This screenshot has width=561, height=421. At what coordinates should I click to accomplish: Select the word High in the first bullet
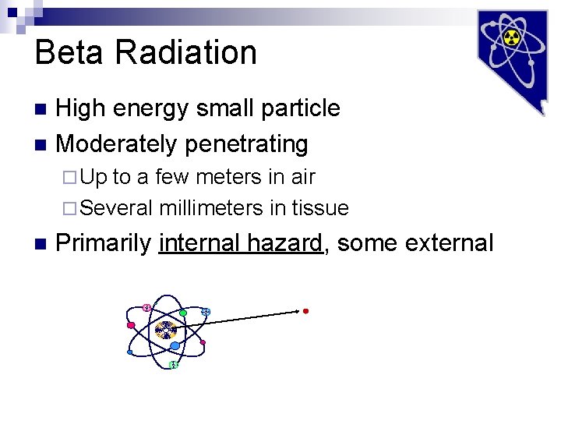(81, 108)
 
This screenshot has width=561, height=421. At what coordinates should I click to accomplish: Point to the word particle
(300, 108)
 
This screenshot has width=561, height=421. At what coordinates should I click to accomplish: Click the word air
(302, 177)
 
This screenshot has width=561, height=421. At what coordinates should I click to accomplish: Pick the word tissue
(320, 208)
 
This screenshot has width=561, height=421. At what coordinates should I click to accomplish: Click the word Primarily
(104, 243)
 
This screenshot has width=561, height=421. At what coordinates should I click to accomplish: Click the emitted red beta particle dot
(305, 311)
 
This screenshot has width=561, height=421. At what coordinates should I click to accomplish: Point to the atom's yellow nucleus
(165, 331)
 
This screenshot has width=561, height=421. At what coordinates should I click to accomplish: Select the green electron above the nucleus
(183, 313)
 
